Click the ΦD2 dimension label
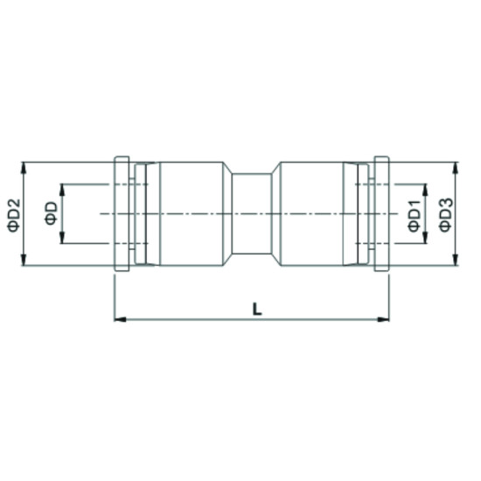coord(13,215)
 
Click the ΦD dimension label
coord(52,214)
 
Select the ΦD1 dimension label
coord(413,215)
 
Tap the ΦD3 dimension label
coord(445,215)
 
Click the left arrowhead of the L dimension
coord(120,319)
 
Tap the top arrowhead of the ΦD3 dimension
coord(456,166)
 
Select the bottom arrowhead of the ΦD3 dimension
coord(456,263)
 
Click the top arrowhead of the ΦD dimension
coord(63,188)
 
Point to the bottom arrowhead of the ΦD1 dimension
coord(424,240)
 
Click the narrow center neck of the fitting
coord(254,215)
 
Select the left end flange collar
coord(122,215)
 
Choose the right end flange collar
coord(381,215)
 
